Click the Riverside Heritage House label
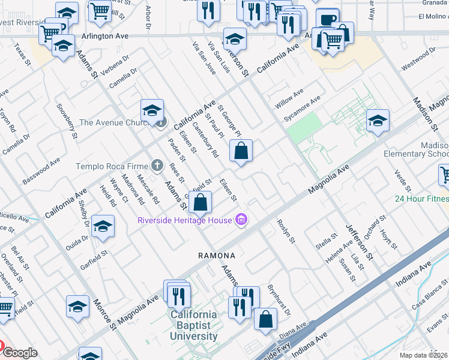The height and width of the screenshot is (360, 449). pyautogui.click(x=184, y=220)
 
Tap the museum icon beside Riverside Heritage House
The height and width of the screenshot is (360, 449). pyautogui.click(x=241, y=220)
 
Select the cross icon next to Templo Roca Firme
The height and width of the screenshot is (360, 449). pyautogui.click(x=157, y=165)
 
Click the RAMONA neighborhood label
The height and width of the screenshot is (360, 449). pyautogui.click(x=217, y=256)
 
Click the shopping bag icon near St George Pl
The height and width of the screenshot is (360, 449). pyautogui.click(x=241, y=152)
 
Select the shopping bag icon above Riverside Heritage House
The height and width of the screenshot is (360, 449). pyautogui.click(x=200, y=203)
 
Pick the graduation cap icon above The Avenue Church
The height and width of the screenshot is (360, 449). pyautogui.click(x=152, y=110)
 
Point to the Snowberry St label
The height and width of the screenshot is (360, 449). pyautogui.click(x=67, y=122)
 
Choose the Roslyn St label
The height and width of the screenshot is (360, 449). pyautogui.click(x=286, y=230)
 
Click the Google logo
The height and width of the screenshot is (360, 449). pyautogui.click(x=19, y=353)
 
